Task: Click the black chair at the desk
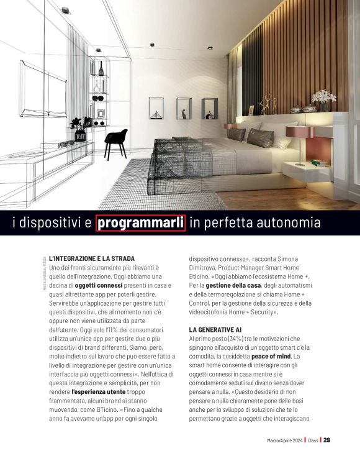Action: (115, 141)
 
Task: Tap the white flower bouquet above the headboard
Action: (323, 98)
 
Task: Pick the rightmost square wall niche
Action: (209, 108)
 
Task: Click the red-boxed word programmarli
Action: (141, 222)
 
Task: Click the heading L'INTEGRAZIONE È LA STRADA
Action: (92, 258)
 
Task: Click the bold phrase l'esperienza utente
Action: (99, 393)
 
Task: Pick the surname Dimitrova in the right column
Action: (206, 267)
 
